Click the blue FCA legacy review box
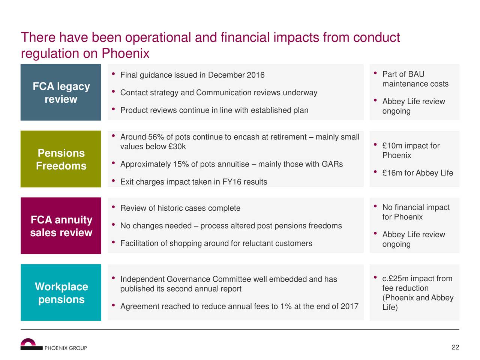click(61, 92)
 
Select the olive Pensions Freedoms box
click(61, 159)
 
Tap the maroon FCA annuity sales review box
click(61, 226)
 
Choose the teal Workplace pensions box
click(61, 292)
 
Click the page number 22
click(455, 347)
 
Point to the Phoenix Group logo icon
click(31, 344)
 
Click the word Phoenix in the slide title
click(126, 53)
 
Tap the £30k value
click(177, 147)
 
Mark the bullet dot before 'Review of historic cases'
click(113, 207)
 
